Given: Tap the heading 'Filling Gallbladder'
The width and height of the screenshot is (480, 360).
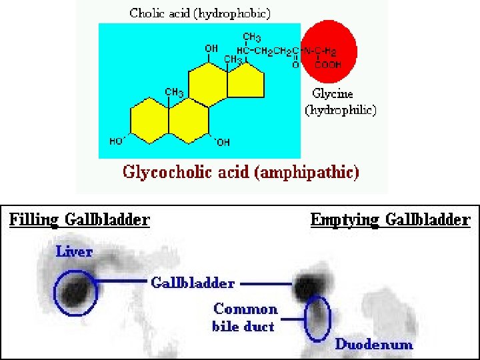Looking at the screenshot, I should (x=79, y=219).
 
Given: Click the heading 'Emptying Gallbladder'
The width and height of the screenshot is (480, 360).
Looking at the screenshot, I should (x=390, y=219).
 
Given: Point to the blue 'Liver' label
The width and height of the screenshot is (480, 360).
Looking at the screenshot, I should (x=74, y=251).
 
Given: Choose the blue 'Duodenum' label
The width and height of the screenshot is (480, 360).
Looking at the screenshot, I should (x=374, y=344).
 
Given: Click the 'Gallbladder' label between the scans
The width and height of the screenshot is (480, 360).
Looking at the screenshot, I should (x=193, y=283).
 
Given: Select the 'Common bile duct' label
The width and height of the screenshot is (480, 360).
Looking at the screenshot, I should (x=245, y=317).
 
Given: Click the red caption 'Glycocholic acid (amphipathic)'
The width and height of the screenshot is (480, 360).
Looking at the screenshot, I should (x=241, y=173).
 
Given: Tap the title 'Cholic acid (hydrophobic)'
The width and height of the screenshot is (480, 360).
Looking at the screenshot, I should (x=200, y=13).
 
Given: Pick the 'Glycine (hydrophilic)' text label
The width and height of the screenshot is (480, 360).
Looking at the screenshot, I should (x=340, y=102).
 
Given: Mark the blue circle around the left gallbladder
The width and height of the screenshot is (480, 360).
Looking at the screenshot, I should (x=75, y=293).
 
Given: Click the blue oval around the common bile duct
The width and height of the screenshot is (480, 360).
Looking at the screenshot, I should (x=317, y=319).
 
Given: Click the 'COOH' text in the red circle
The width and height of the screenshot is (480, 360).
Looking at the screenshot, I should (x=327, y=65).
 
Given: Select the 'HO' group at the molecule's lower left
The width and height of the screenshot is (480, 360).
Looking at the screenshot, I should (x=117, y=141).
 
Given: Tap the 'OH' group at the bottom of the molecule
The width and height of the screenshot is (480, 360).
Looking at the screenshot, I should (x=223, y=142).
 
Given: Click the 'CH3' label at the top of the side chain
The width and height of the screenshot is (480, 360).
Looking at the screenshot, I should (x=252, y=37).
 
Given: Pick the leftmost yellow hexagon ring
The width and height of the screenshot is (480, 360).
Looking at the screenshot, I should (x=149, y=121).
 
